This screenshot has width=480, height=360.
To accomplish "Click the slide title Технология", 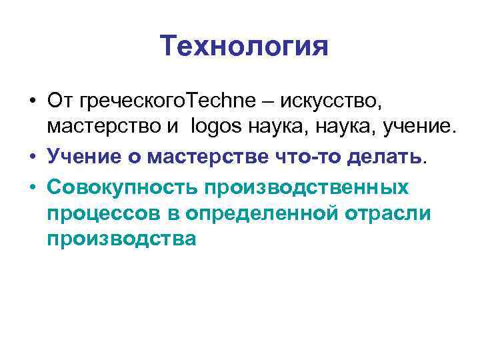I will (x=245, y=47).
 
